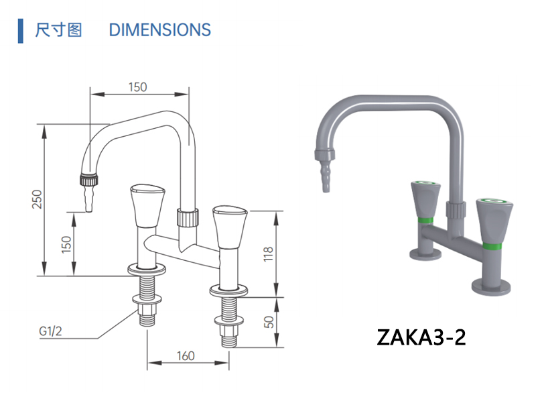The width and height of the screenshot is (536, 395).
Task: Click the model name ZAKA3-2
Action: [421, 335]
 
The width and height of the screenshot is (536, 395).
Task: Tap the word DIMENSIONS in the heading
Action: [159, 30]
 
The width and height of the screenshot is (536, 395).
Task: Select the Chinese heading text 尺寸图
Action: [59, 30]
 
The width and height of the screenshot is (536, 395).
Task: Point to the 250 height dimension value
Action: [38, 200]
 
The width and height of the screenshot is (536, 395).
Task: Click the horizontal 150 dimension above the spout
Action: [137, 87]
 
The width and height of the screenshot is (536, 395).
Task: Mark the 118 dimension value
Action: [267, 253]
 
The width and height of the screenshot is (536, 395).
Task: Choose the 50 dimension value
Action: [267, 322]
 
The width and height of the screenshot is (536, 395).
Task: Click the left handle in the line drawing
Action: [146, 205]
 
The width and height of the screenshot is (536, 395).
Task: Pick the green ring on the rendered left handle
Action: [424, 220]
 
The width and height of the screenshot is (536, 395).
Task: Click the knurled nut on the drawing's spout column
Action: [188, 217]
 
